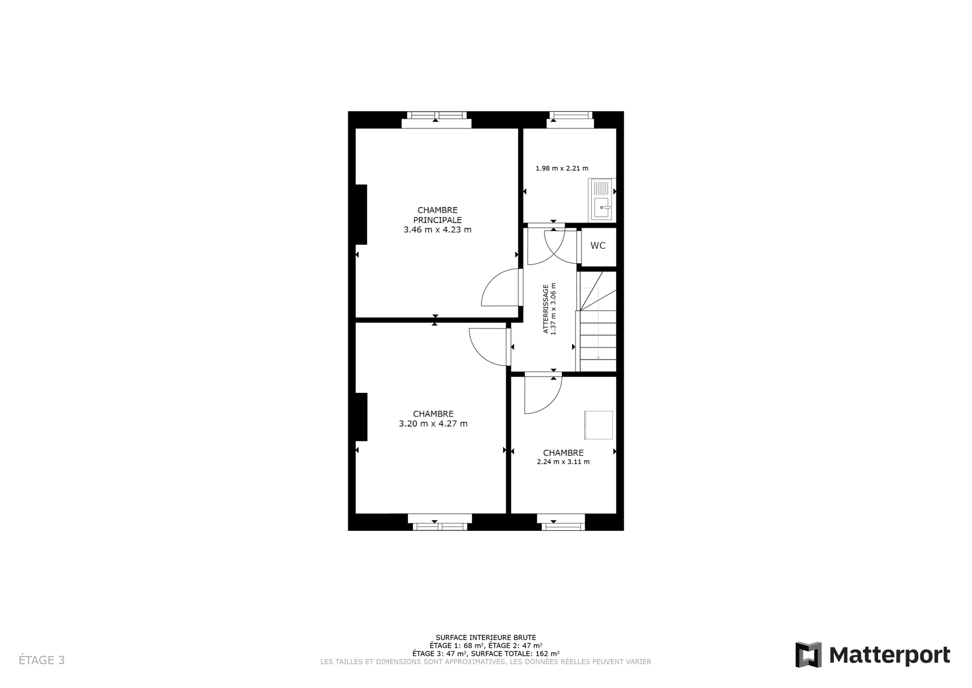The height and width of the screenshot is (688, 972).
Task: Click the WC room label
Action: [597, 246]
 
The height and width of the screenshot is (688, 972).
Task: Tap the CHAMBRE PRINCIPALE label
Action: [438, 215]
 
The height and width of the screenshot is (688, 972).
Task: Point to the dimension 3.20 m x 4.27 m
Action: [433, 424]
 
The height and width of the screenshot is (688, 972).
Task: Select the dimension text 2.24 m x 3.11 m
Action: [563, 462]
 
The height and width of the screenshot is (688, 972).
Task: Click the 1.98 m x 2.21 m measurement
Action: [562, 168]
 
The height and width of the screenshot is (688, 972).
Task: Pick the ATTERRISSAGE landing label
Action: [545, 309]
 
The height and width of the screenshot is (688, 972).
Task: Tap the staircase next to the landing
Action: [597, 322]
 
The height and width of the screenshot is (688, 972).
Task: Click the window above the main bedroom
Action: [436, 119]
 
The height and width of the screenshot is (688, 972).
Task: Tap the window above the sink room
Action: [570, 119]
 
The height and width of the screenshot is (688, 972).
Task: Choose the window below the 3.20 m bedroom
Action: [439, 522]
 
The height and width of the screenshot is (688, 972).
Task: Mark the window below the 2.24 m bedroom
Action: [561, 522]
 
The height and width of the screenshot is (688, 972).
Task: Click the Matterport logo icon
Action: [808, 655]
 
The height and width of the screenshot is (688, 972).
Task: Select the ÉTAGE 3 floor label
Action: [42, 660]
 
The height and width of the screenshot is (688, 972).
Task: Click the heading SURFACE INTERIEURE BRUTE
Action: [486, 638]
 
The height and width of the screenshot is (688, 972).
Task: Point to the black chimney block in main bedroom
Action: [361, 214]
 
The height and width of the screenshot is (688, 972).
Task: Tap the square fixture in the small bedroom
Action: [599, 425]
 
